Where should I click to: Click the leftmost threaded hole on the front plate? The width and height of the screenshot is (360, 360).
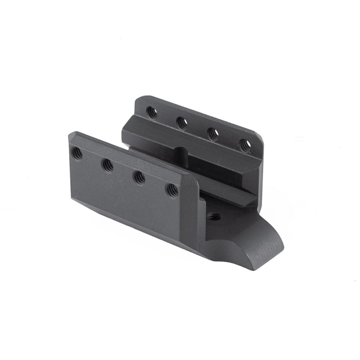point(77,153)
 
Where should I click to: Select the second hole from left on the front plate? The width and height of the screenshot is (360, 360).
point(107,166)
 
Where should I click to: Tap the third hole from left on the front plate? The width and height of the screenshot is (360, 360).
point(139,178)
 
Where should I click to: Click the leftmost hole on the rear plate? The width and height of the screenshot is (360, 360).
point(152,112)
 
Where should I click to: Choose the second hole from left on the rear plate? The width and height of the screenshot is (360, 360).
point(182,122)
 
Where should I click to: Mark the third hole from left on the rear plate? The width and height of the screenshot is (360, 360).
point(213,134)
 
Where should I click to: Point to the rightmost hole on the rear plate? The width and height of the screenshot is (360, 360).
point(245,145)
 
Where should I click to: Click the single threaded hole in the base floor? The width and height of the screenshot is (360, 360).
point(214,217)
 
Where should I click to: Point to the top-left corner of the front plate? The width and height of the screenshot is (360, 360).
point(71,134)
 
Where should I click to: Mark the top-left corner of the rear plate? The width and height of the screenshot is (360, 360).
point(137,99)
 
